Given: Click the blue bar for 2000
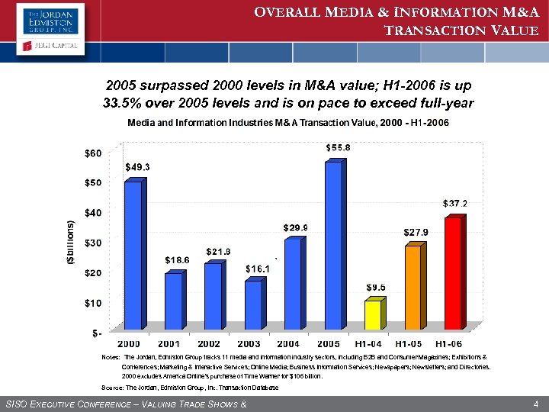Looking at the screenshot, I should point(133,255).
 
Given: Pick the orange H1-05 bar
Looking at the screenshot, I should point(413,287).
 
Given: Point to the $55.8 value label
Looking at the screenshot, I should point(339,146).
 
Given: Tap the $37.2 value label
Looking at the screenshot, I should point(455,204).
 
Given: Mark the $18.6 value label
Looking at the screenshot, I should point(178,260).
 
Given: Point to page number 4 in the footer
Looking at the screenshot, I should point(537,402).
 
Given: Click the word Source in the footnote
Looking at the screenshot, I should point(112,388).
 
